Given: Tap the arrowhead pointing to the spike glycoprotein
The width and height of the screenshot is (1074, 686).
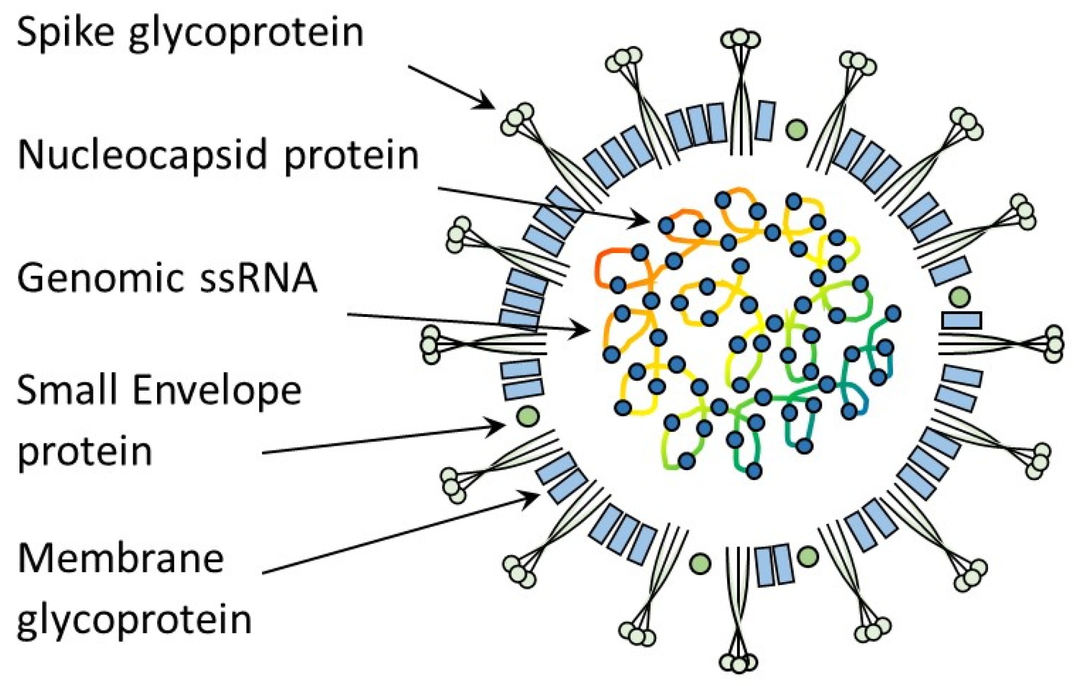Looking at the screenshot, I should pos(488,104).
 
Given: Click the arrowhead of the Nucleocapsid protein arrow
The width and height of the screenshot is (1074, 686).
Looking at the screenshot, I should pos(644,221).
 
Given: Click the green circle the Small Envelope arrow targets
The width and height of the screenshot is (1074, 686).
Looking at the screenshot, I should pos(527,415).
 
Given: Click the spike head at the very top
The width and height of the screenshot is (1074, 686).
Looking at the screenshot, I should pos(740,39).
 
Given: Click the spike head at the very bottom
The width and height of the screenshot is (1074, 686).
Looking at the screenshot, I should pos(739,662).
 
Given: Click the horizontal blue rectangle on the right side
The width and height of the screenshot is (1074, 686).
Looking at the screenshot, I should pos(962,320).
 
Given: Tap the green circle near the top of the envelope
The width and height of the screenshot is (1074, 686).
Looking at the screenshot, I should pos(796,129).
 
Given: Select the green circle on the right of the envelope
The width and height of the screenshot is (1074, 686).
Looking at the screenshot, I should pos(959,297).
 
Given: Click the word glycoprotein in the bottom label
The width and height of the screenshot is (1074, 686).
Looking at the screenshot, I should pos(134,621).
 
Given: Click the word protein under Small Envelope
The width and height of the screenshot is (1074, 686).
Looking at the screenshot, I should pos(84,451).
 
